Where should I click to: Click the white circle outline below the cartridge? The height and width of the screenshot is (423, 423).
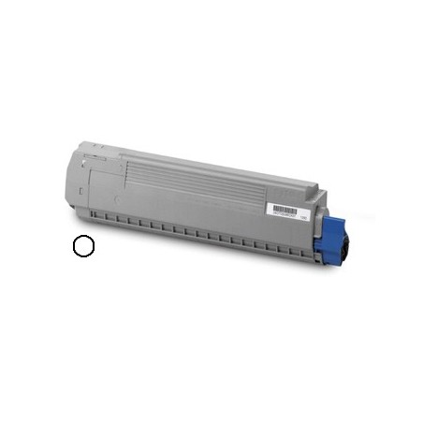(x=82, y=245)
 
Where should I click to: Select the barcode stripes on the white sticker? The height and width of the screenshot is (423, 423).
(x=284, y=209)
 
